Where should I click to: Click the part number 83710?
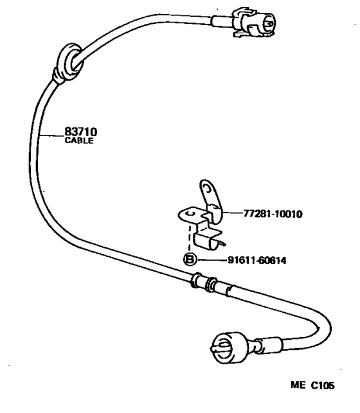[80, 132]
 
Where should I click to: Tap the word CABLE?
[79, 141]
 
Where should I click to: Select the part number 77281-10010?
[273, 214]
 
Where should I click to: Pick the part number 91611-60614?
[257, 261]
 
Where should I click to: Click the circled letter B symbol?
[190, 259]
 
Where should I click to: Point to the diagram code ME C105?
[312, 385]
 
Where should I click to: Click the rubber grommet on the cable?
[67, 63]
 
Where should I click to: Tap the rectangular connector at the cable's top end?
[253, 22]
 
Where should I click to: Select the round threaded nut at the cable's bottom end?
[229, 347]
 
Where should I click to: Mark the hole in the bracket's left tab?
[190, 213]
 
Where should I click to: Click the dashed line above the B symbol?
[189, 238]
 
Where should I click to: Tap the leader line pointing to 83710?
[51, 136]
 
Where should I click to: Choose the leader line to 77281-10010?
[233, 213]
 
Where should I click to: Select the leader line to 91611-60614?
[212, 260]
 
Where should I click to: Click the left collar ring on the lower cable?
[195, 280]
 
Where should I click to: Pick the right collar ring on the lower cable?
[212, 284]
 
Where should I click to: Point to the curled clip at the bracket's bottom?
[208, 242]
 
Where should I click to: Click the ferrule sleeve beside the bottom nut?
[269, 345]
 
